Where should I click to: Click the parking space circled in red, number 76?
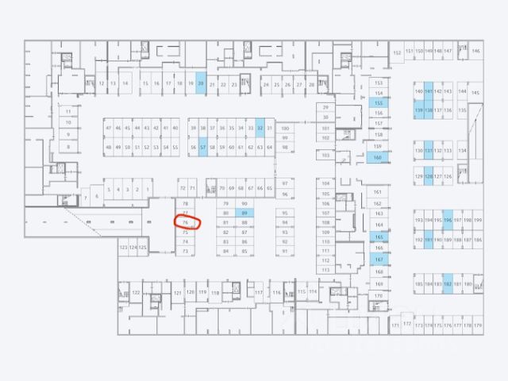[186, 223]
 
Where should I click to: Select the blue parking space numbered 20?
[201, 83]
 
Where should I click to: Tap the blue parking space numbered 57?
[203, 147]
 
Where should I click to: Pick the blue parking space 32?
[260, 127]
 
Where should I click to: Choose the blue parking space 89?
[245, 214]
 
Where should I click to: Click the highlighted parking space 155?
[379, 103]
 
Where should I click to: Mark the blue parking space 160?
[378, 157]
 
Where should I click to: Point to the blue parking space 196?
[448, 220]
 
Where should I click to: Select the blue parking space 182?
[448, 283]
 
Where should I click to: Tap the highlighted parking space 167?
[379, 260]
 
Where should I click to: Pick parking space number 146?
[475, 51]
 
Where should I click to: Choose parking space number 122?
[136, 293]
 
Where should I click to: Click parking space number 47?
[108, 128]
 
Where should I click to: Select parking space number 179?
[478, 325]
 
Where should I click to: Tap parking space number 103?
[325, 156]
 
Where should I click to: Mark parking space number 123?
[123, 248]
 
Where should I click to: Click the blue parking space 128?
[429, 176]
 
